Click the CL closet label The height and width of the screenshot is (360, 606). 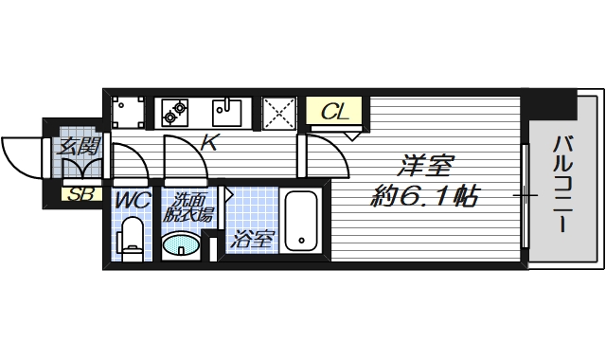[x=335, y=112]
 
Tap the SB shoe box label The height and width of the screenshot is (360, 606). [x=80, y=194]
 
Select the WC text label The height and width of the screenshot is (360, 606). [x=133, y=200]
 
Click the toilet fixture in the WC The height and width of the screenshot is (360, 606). [x=131, y=239]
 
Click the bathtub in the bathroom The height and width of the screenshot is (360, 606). [x=301, y=221]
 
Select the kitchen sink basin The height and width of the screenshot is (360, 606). [x=227, y=112]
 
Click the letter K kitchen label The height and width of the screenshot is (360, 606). [x=210, y=142]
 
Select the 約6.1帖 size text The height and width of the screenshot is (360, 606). [x=425, y=196]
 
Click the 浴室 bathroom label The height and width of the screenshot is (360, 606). [x=253, y=240]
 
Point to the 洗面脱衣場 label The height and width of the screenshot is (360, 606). [x=188, y=207]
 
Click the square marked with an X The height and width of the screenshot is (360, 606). [x=279, y=113]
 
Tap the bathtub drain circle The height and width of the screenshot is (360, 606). [x=301, y=240]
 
